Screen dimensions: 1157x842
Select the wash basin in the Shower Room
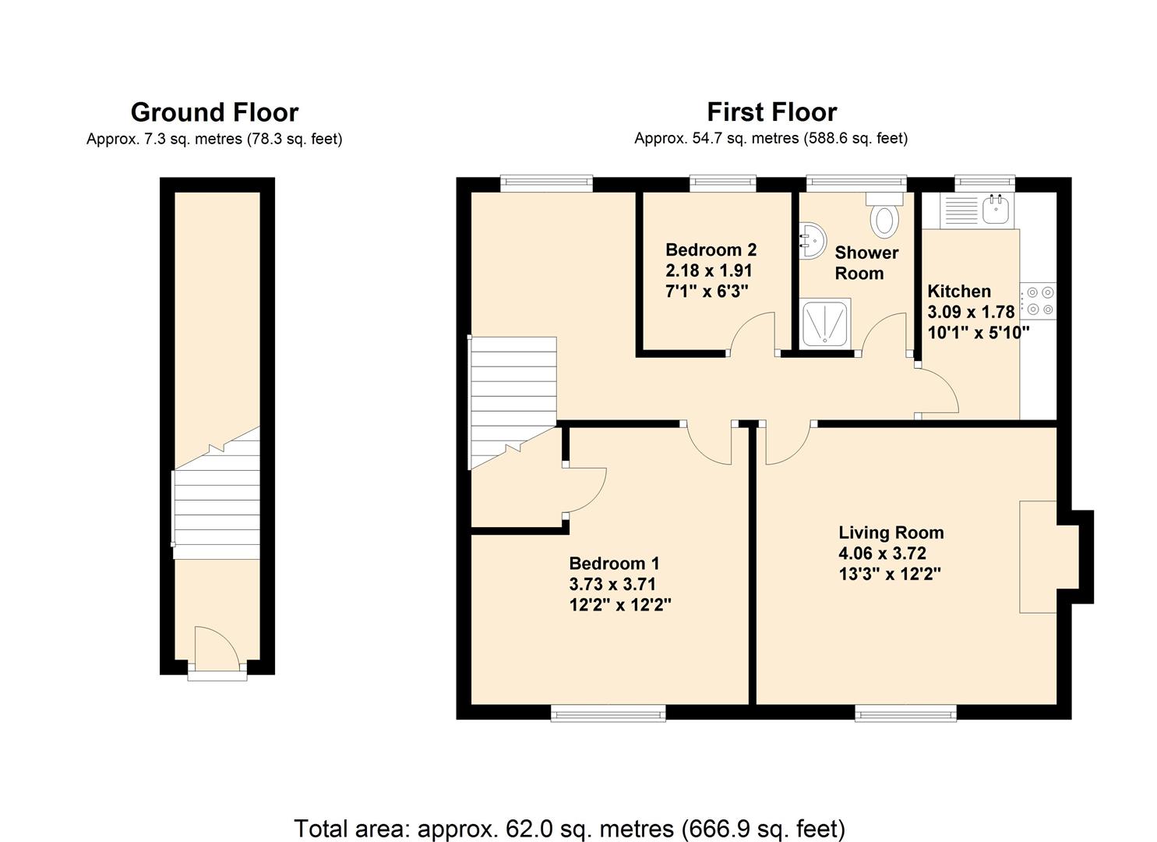point(813,241)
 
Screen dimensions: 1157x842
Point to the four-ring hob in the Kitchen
point(1039,301)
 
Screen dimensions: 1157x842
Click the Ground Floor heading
point(214,112)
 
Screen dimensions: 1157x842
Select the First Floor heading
point(771,112)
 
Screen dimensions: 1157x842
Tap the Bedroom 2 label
point(711,250)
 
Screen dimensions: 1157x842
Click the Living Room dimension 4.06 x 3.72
point(882,553)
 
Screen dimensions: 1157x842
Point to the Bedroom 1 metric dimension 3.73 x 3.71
point(612,584)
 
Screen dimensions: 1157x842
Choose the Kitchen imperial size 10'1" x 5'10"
point(979,332)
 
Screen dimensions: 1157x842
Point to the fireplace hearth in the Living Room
point(1038,557)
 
